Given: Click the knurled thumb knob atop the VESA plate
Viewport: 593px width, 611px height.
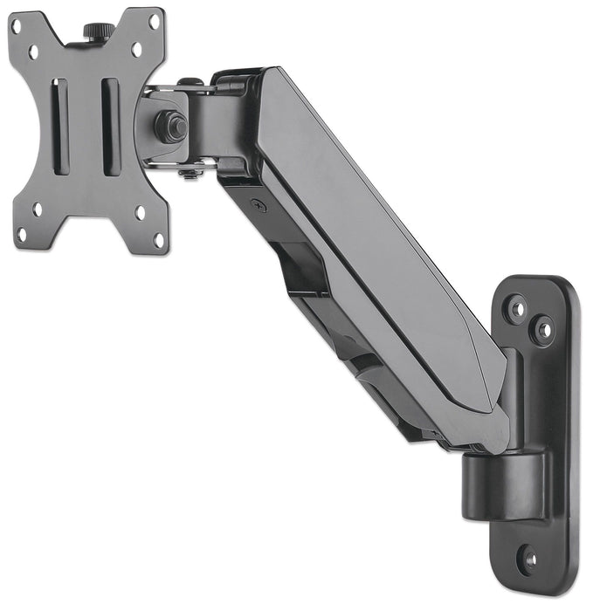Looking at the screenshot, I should (93, 31).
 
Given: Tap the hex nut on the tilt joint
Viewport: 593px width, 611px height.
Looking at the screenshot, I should (171, 126).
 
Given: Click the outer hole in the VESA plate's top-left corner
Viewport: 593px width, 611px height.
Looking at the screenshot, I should (16, 26).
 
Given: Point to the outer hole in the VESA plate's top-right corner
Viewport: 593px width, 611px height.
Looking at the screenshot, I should (155, 22).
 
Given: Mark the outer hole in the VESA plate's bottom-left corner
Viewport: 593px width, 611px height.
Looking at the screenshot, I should (20, 234).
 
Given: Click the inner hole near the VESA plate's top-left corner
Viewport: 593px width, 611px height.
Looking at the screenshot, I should (35, 52).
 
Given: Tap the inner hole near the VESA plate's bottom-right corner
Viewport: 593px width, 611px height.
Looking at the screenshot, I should (140, 213).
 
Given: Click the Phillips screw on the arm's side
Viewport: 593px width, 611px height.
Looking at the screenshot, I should (257, 205).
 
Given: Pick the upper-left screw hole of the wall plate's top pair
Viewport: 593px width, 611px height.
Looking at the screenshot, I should (516, 308).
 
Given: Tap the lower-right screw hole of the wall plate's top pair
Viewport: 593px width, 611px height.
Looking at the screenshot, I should (543, 331).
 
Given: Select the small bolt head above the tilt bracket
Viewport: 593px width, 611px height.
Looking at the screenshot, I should (184, 84).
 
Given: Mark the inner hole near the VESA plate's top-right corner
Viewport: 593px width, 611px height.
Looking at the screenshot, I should (137, 50).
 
